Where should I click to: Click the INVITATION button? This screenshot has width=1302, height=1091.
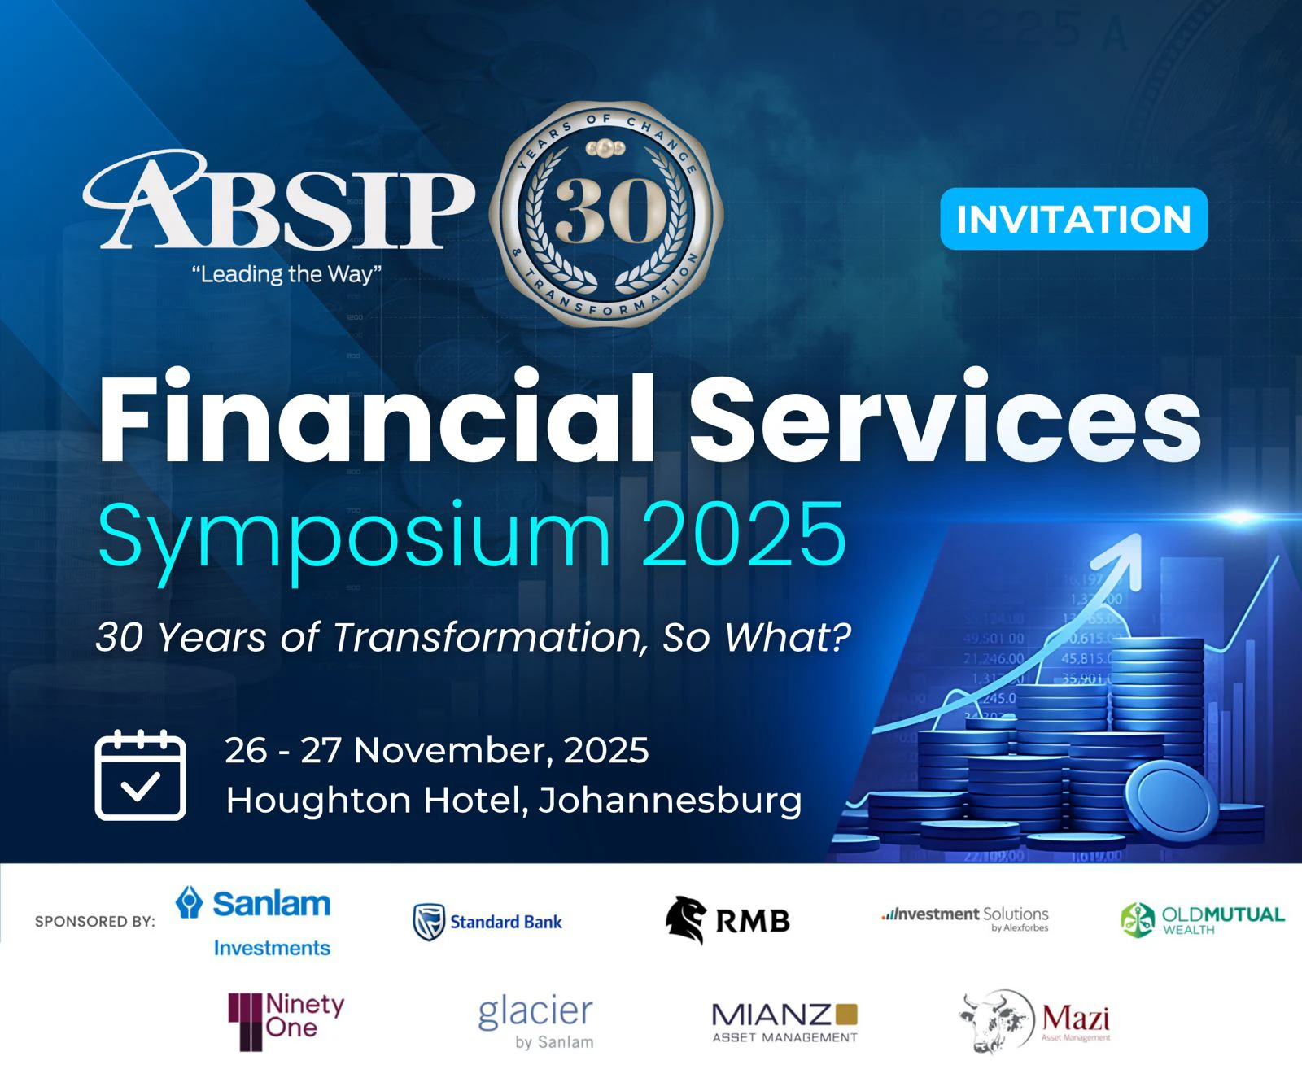click(x=1073, y=219)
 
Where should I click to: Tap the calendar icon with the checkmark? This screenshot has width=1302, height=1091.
click(x=141, y=775)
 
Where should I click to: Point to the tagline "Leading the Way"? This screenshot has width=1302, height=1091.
click(x=286, y=274)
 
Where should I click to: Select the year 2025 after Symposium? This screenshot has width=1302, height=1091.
click(x=744, y=535)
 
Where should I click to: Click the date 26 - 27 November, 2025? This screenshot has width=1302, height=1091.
click(x=437, y=750)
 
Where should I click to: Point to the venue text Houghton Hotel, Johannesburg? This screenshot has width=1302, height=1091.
click(x=513, y=801)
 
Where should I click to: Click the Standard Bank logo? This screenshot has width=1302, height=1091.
click(x=487, y=922)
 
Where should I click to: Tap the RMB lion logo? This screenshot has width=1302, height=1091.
click(x=685, y=920)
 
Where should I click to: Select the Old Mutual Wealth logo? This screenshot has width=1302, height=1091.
click(x=1202, y=920)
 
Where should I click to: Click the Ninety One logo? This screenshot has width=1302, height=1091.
click(x=286, y=1019)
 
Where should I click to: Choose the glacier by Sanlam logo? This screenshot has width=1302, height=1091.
click(x=536, y=1022)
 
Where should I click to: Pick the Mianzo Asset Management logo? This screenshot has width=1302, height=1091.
click(x=784, y=1022)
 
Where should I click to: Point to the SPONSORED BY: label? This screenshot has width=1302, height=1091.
click(x=94, y=922)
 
